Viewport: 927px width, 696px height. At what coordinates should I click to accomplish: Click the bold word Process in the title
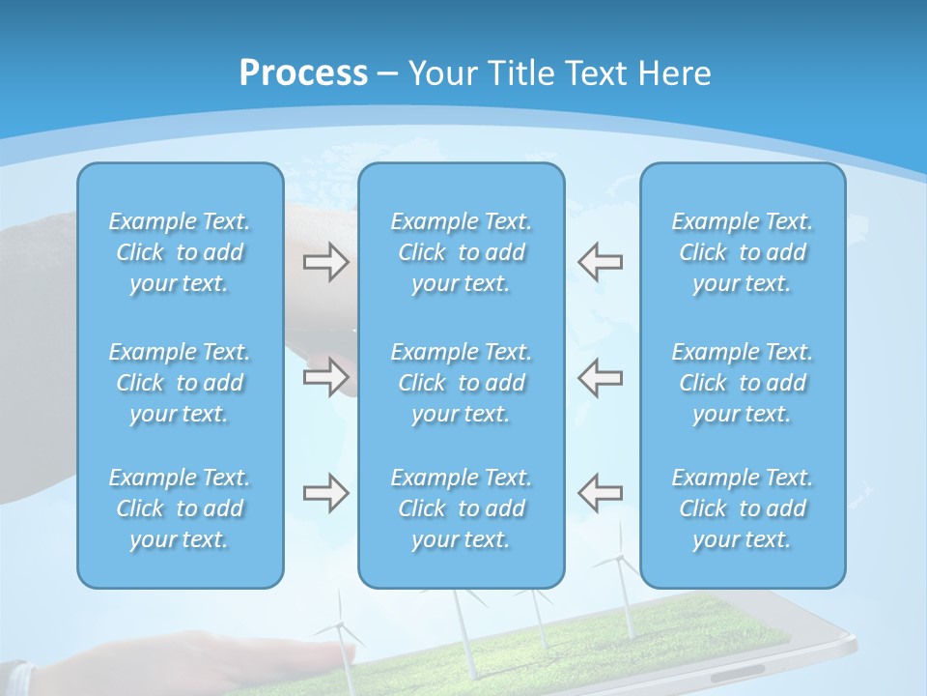click(303, 73)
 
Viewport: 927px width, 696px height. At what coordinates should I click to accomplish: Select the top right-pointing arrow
click(325, 262)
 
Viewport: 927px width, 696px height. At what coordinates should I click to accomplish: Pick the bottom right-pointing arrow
click(325, 493)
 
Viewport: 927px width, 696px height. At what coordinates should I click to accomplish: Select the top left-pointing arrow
click(600, 262)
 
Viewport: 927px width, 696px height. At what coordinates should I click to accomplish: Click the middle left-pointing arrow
click(600, 376)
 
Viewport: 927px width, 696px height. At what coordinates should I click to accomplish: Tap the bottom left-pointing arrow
click(600, 493)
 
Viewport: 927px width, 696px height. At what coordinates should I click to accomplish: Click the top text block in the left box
click(180, 252)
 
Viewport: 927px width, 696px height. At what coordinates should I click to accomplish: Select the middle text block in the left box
click(180, 383)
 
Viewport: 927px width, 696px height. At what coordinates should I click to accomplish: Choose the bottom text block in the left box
click(180, 508)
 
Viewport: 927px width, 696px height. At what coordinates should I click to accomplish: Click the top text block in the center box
click(461, 252)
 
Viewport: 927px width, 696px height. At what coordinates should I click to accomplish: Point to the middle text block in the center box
click(461, 383)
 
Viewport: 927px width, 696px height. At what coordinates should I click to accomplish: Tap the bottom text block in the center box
click(461, 508)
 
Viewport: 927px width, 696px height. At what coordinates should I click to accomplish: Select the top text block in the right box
click(742, 252)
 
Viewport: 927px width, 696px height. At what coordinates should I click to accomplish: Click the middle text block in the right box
click(742, 383)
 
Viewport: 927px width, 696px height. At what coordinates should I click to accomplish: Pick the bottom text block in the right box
click(742, 508)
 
